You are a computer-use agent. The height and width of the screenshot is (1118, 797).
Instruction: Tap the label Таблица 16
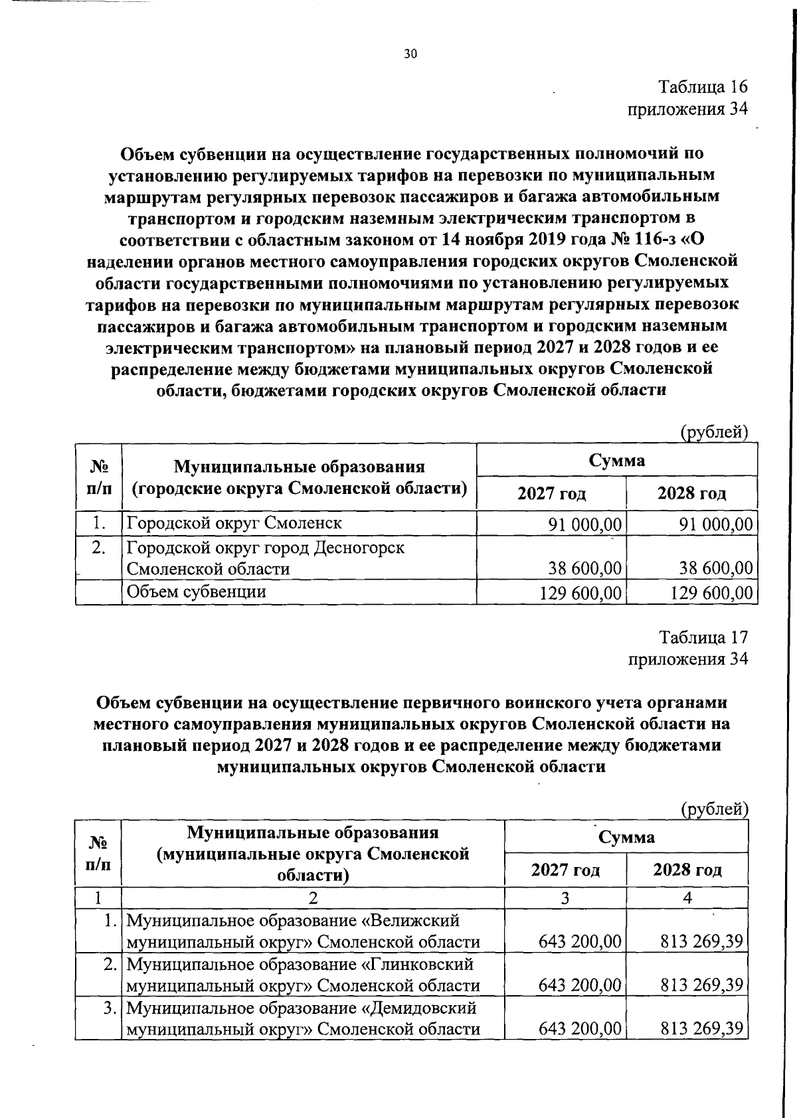click(703, 87)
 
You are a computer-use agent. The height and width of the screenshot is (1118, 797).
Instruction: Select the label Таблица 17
click(703, 637)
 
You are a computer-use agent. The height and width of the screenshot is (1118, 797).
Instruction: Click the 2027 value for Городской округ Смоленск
click(584, 524)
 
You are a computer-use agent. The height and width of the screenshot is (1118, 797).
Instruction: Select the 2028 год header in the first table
click(691, 494)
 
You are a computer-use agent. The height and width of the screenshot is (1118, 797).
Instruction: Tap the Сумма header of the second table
click(626, 837)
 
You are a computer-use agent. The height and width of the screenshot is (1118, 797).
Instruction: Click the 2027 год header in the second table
click(565, 870)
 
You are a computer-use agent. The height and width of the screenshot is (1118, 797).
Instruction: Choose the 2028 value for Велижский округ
click(701, 942)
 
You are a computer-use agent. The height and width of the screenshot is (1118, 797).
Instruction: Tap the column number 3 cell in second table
click(565, 898)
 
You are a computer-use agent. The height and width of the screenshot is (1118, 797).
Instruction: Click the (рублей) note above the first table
click(715, 433)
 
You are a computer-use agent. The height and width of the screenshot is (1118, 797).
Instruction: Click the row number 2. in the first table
click(99, 548)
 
